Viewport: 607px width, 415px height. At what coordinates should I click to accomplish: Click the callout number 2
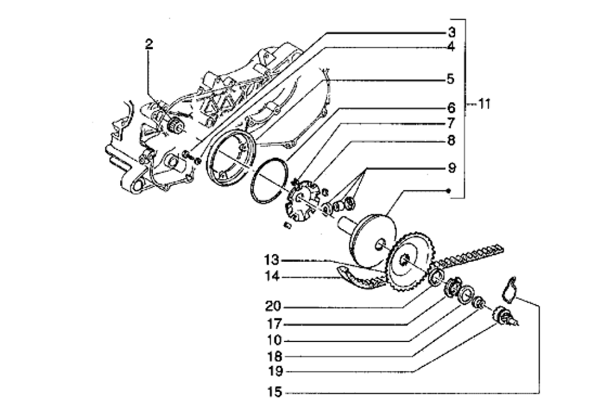[x=149, y=44]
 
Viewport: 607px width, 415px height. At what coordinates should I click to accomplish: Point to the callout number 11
[x=483, y=105]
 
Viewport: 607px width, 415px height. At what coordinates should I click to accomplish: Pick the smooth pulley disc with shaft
[x=371, y=234]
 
